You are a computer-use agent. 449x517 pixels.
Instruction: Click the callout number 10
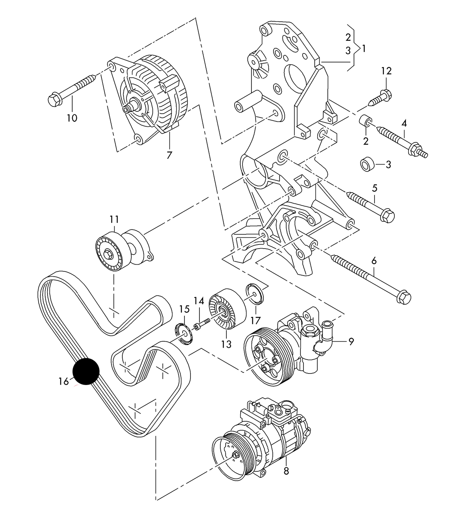(72, 118)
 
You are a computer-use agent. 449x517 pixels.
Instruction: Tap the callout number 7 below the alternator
(169, 155)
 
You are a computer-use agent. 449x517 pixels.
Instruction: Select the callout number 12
(386, 71)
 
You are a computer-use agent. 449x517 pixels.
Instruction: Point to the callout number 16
(64, 381)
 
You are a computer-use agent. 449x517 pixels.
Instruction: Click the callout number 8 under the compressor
(286, 471)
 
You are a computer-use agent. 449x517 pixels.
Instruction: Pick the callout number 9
(351, 341)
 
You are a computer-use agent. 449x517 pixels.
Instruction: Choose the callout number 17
(255, 320)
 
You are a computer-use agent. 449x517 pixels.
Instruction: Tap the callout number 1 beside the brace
(364, 48)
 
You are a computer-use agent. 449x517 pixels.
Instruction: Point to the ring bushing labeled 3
(367, 164)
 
